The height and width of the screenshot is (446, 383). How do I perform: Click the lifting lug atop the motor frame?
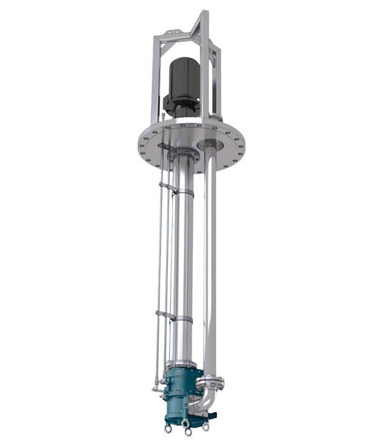[169, 31]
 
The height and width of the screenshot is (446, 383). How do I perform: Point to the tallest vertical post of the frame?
[204, 64]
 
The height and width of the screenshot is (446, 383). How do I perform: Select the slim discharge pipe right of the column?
[210, 268]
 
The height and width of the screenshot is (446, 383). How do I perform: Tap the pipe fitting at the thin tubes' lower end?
[156, 387]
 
